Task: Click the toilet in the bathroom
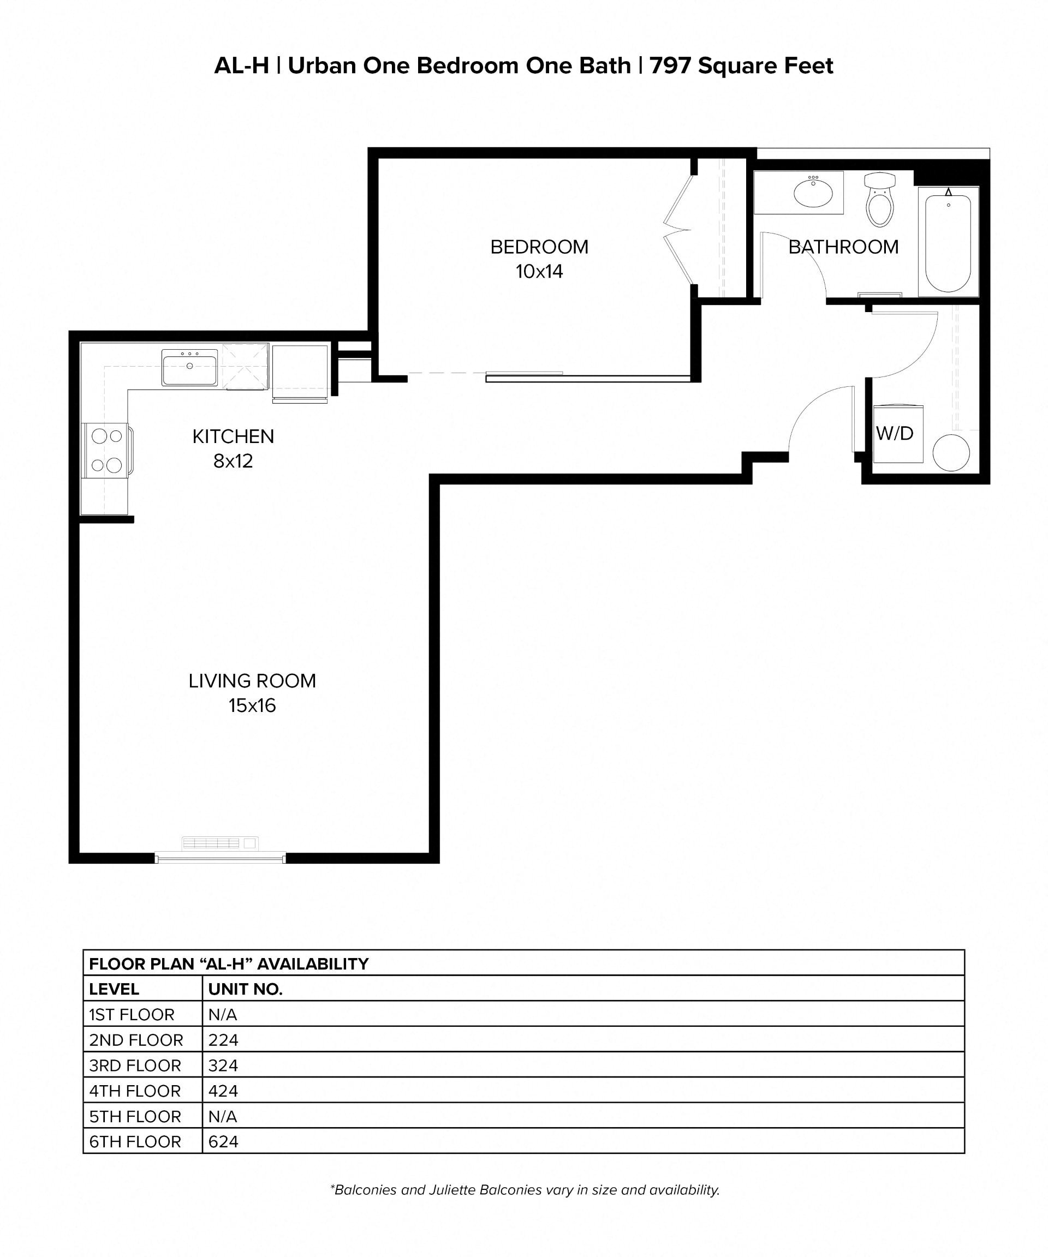[879, 201]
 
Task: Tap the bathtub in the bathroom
[948, 242]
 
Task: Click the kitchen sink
[189, 368]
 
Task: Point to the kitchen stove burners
[106, 450]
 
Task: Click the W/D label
[894, 433]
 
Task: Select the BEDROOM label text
[539, 247]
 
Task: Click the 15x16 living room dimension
[252, 706]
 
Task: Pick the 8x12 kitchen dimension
[233, 461]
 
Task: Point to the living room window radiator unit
[220, 843]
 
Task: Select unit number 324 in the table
[223, 1066]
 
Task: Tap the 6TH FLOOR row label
[135, 1142]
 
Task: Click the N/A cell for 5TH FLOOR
[223, 1116]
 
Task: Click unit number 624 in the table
[223, 1142]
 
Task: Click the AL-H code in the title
[241, 66]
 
